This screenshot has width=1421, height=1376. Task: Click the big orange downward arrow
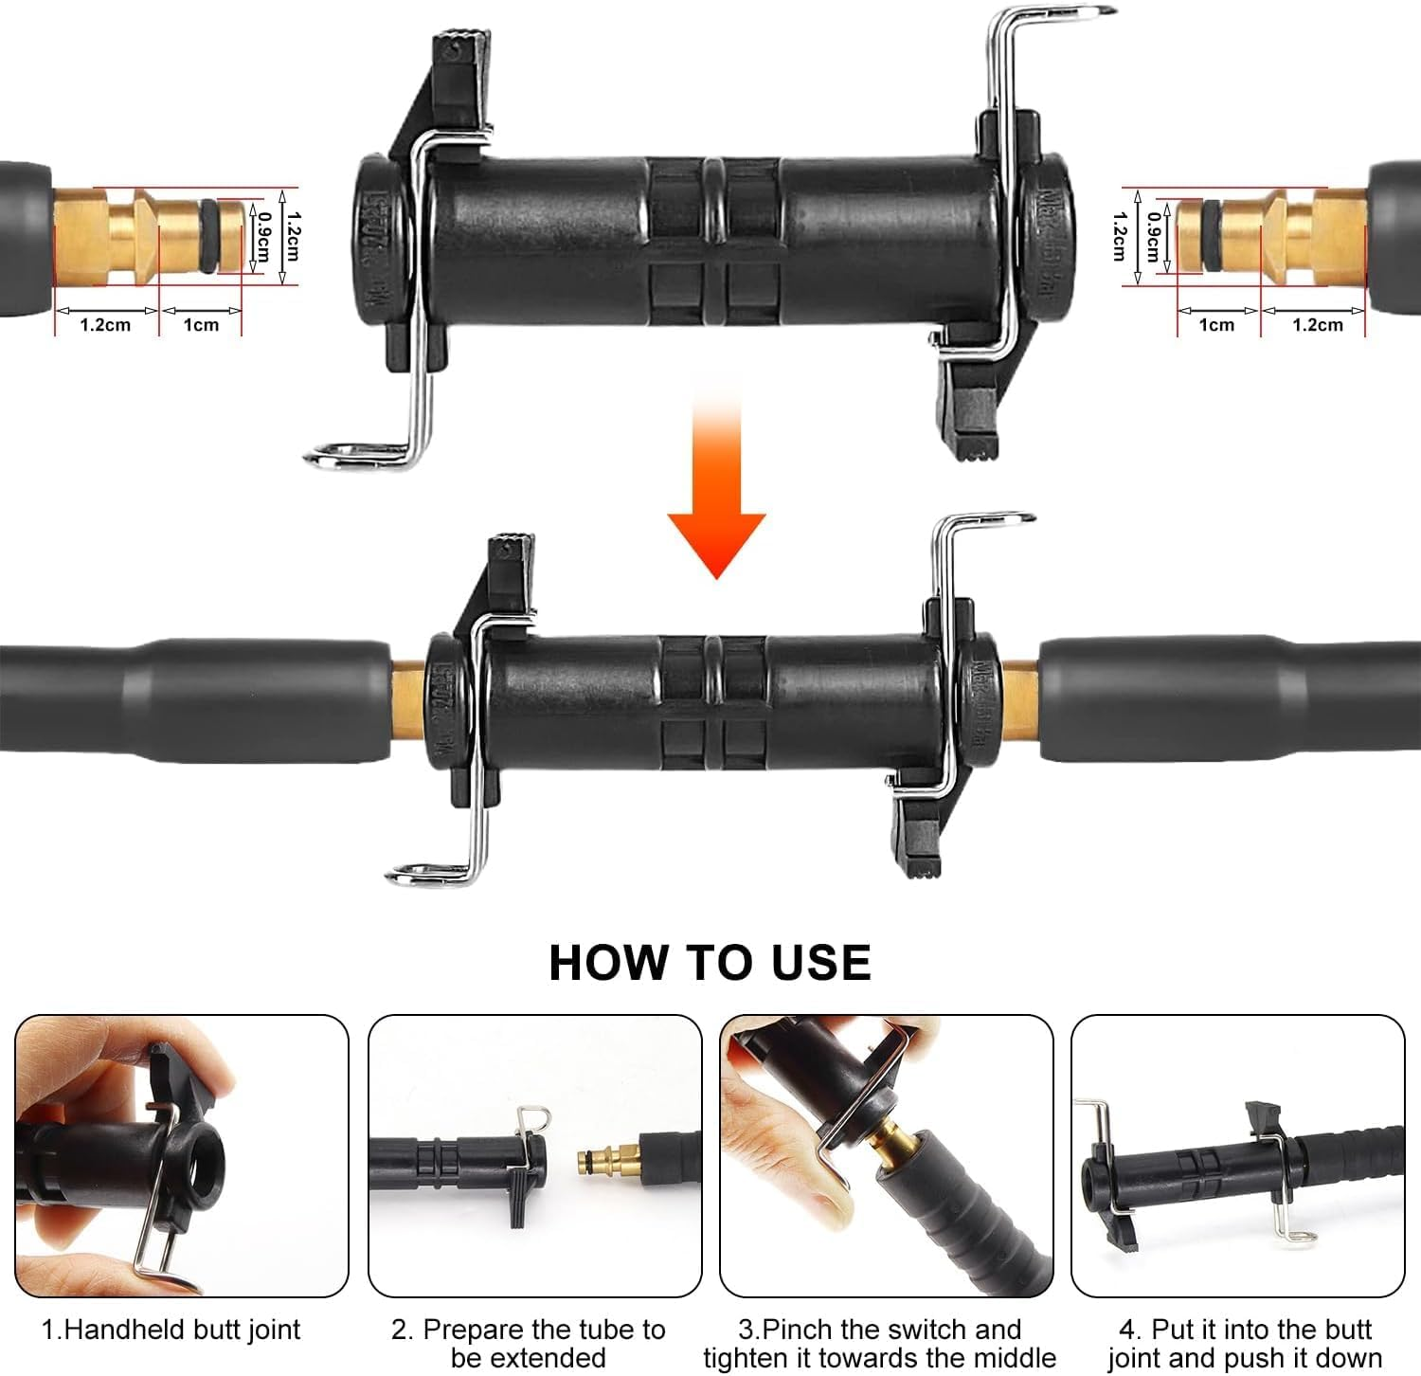[716, 502]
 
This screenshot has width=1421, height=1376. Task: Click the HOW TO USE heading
[710, 962]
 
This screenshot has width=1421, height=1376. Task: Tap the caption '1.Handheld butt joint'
[171, 1330]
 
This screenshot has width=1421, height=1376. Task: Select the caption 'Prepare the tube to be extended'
[529, 1342]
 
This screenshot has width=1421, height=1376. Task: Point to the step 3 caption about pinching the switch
[879, 1342]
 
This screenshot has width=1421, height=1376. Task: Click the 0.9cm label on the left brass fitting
[264, 237]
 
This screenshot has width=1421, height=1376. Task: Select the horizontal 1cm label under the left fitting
[201, 325]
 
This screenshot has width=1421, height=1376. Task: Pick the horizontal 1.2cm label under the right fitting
[1317, 325]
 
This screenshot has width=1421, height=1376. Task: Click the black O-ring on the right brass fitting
[1212, 235]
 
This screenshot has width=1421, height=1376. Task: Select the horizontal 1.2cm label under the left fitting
[104, 325]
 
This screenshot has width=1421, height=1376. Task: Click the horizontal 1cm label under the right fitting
[1216, 325]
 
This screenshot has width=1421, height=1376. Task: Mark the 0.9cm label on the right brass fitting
[1153, 237]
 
